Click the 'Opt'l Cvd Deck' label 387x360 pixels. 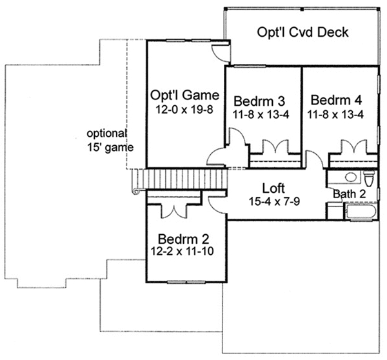click(303, 33)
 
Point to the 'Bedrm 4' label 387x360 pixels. click(335, 100)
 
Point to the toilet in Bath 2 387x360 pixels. click(370, 177)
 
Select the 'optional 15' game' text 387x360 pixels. click(111, 140)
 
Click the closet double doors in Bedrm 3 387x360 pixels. click(275, 148)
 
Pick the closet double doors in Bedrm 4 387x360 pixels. click(352, 148)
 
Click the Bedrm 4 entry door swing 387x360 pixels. click(313, 159)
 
